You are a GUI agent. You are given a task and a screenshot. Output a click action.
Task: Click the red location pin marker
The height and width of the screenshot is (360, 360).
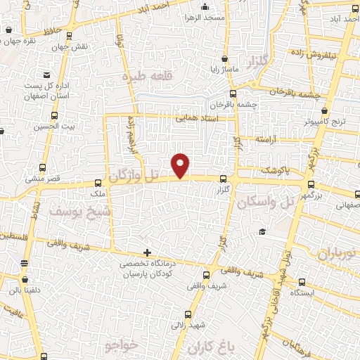click(x=181, y=165)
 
